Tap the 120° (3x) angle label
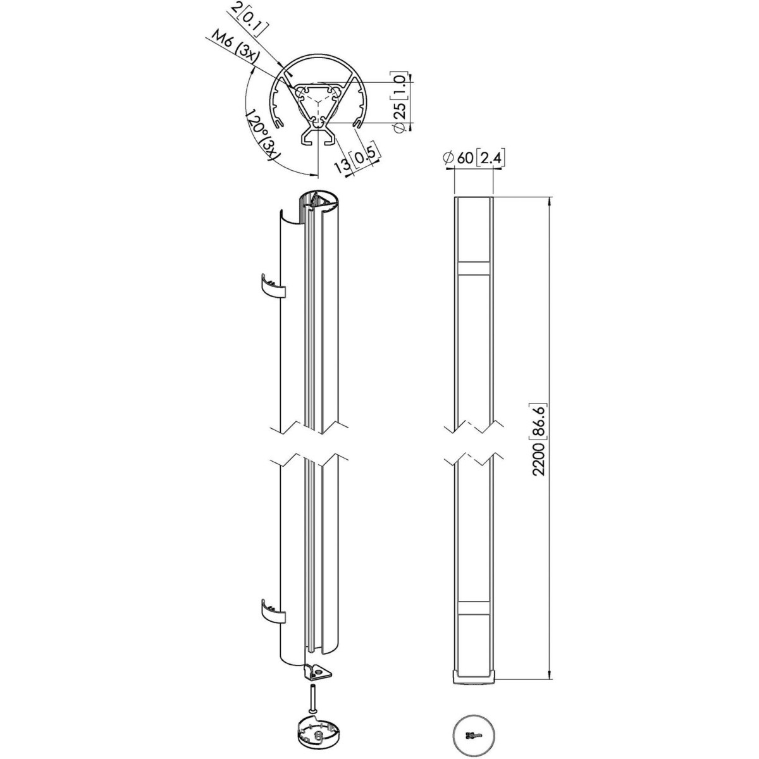tap(261, 135)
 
